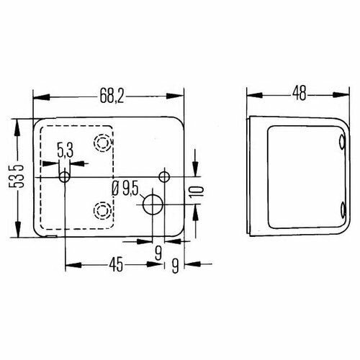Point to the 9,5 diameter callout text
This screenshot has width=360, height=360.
pos(130,190)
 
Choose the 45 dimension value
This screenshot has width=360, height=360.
pos(115,264)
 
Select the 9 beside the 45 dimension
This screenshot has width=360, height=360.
pos(176,264)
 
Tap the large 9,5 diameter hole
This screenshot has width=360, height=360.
pos(153,204)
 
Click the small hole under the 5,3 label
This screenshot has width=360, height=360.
pos(65,176)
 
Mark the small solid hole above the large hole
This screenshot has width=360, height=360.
pos(164,176)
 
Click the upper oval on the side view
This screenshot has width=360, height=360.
pos(341,143)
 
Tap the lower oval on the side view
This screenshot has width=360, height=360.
pos(341,210)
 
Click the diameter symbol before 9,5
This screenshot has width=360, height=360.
pos(116,190)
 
